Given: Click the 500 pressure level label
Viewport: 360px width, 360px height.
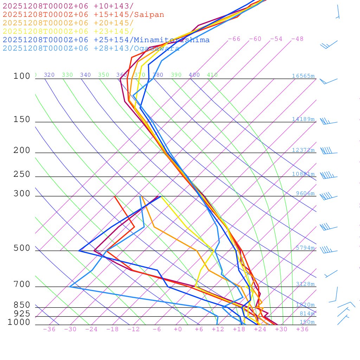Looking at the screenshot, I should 22,248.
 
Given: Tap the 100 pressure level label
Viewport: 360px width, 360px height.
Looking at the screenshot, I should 22,76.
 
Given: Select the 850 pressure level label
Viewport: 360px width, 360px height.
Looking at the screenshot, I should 22,305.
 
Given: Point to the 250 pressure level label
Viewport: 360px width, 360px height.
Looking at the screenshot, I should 22,174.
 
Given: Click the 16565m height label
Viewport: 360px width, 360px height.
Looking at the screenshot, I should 303,76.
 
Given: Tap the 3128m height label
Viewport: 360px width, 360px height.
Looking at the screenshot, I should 305,284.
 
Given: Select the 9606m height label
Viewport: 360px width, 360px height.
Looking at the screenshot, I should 305,193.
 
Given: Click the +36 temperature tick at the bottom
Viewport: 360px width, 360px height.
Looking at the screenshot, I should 302,329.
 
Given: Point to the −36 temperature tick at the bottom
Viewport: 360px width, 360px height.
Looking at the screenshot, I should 49,329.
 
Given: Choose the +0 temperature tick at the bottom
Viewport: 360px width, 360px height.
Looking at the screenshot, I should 178,329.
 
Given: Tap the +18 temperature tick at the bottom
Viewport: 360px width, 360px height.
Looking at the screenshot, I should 239,329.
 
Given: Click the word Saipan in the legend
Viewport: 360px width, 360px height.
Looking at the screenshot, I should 149,15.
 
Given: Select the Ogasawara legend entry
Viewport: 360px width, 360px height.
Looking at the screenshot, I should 91,49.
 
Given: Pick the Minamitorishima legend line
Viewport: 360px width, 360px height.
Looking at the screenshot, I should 106,40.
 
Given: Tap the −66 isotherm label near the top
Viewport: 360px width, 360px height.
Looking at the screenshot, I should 234,39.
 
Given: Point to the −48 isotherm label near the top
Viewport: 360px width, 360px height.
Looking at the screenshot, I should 297,39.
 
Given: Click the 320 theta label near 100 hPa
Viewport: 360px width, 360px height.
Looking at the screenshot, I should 49,75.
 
